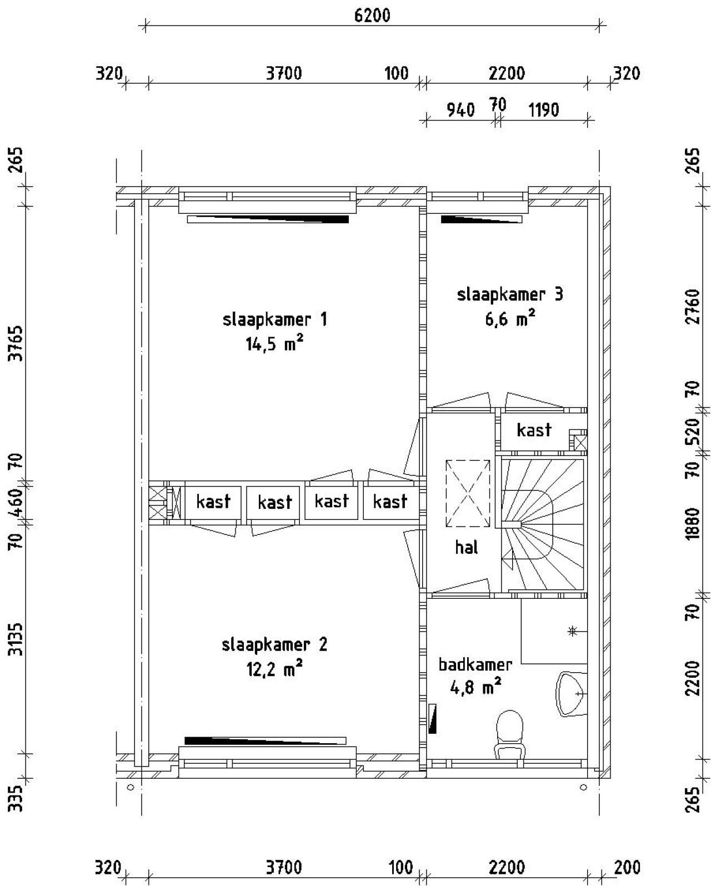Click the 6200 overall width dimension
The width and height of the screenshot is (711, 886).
[x=372, y=15]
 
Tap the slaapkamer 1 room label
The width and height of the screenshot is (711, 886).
[x=274, y=320]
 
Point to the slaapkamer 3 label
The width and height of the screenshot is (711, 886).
[x=510, y=294]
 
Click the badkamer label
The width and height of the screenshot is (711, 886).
[x=475, y=664]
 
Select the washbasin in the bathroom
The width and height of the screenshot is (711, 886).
[x=572, y=694]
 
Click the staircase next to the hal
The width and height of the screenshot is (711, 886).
[x=544, y=524]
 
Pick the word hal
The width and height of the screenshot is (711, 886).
[x=466, y=547]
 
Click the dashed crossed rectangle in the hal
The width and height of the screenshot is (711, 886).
[x=468, y=493]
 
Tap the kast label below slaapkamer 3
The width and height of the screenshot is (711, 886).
[x=534, y=430]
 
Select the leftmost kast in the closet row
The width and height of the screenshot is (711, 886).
[x=213, y=502]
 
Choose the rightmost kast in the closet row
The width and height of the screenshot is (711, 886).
[x=390, y=502]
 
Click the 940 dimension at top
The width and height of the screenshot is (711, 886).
[x=461, y=110]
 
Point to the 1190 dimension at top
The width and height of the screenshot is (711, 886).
[x=543, y=110]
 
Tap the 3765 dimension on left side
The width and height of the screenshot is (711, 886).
[x=17, y=343]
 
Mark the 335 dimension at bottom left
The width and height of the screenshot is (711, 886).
[x=17, y=798]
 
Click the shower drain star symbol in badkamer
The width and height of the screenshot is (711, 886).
[x=572, y=630]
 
